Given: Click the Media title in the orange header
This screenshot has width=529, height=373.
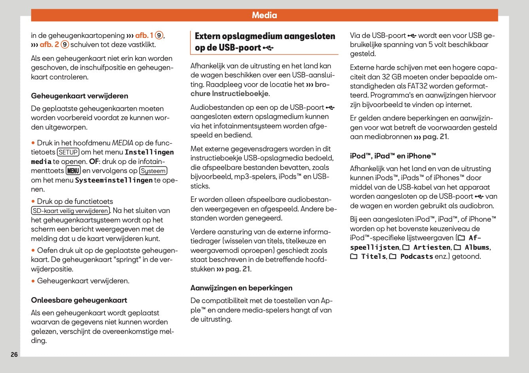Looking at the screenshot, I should tap(264, 15).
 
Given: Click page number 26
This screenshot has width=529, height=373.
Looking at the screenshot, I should tap(14, 354).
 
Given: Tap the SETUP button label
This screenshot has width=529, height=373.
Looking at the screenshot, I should tap(68, 152).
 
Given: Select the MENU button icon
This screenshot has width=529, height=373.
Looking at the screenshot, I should tap(73, 171).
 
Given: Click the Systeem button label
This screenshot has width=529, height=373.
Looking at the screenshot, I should tap(153, 171).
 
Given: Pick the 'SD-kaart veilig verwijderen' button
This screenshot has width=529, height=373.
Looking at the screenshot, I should tap(70, 211).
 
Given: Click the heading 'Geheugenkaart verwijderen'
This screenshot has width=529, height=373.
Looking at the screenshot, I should tap(79, 96).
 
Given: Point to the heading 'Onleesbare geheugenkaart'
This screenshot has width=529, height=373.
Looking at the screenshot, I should tap(79, 300).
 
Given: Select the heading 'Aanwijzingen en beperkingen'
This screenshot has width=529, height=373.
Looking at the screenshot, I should tap(241, 288).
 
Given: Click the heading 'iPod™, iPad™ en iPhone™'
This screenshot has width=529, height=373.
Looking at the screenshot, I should tap(393, 156).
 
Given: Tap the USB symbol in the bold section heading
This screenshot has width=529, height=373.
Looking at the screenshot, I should tap(268, 48).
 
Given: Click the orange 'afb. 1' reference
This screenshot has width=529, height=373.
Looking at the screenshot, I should tap(144, 36).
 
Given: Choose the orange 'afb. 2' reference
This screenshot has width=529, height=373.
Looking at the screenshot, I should tap(49, 45).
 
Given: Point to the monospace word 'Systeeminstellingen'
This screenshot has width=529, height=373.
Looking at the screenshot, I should tap(114, 180).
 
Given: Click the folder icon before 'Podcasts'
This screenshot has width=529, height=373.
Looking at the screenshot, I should tap(393, 256).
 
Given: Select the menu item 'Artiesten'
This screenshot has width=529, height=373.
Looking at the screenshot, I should tap(432, 247).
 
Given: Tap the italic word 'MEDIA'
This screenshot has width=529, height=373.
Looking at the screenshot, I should tap(123, 143).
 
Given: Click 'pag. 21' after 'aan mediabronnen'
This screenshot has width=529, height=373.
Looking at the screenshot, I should tap(435, 137).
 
